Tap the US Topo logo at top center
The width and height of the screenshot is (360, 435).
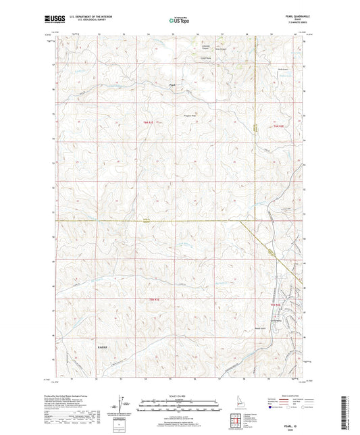[x=179, y=20]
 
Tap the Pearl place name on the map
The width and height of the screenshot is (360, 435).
[x=173, y=84]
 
